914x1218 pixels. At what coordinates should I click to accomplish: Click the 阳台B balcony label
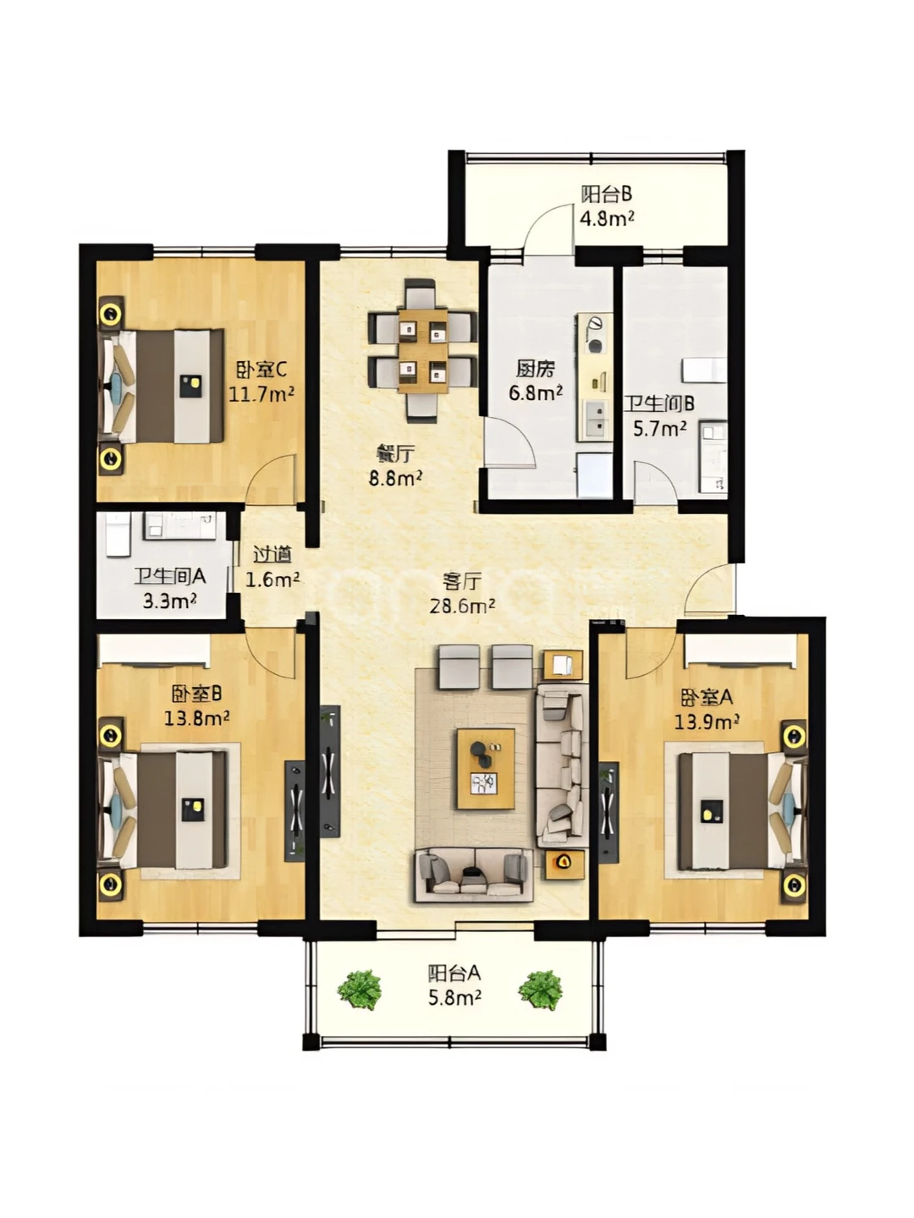tap(606, 195)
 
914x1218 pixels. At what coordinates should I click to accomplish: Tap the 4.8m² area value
tap(607, 218)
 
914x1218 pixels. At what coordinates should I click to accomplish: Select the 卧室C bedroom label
tap(261, 369)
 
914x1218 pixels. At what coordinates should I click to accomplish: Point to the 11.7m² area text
tap(262, 394)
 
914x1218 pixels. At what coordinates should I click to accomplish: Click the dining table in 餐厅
tap(423, 351)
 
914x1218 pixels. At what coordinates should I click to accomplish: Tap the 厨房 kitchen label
tap(535, 369)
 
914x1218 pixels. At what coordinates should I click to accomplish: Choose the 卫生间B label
tap(659, 403)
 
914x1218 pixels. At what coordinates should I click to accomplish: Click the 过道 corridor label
tap(273, 554)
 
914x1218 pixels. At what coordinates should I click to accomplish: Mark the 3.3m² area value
tap(170, 601)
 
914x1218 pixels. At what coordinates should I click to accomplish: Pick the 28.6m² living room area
tap(462, 606)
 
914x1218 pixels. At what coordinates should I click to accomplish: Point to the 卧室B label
tap(196, 693)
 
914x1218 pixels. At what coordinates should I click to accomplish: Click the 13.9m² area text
tap(706, 721)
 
